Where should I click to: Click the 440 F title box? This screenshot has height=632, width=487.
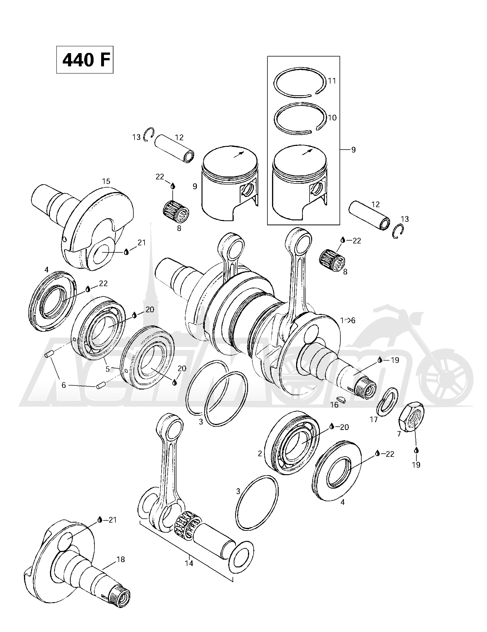(85, 60)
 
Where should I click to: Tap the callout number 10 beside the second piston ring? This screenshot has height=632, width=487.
(332, 118)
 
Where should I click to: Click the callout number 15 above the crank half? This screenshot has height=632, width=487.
(106, 181)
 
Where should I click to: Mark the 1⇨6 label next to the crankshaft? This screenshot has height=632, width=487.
(348, 320)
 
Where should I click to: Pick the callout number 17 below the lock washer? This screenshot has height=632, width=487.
(374, 419)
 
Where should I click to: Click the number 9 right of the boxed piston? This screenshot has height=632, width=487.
(353, 150)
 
